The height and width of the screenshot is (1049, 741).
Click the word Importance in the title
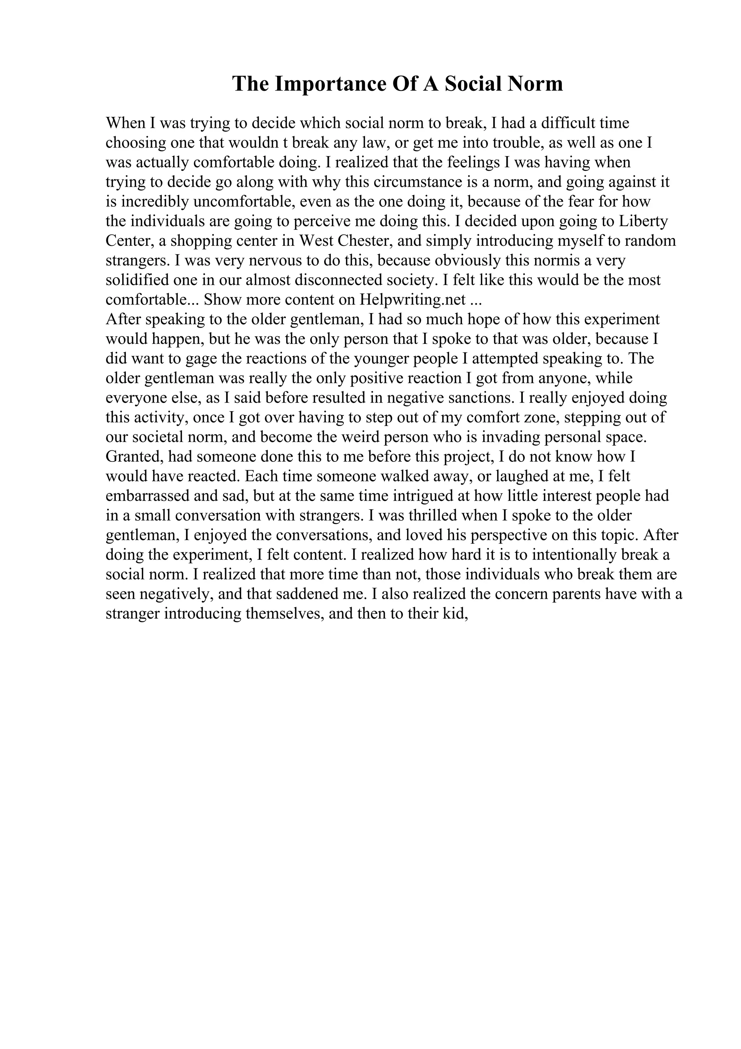[326, 84]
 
